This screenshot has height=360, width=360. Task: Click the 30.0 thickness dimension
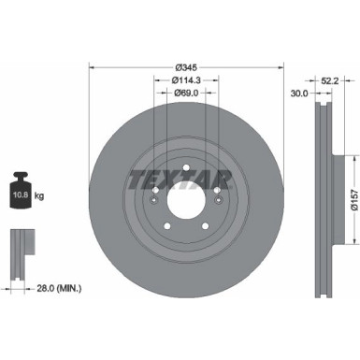298,94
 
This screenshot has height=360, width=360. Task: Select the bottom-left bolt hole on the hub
167,224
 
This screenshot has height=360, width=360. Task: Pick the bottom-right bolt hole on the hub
205,224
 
